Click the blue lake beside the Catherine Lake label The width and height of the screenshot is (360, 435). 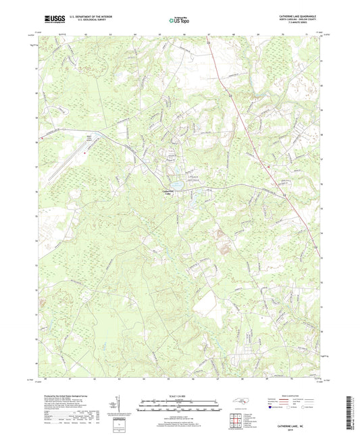tap(177, 183)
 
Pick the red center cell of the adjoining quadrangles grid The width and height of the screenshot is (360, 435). tap(237, 419)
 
